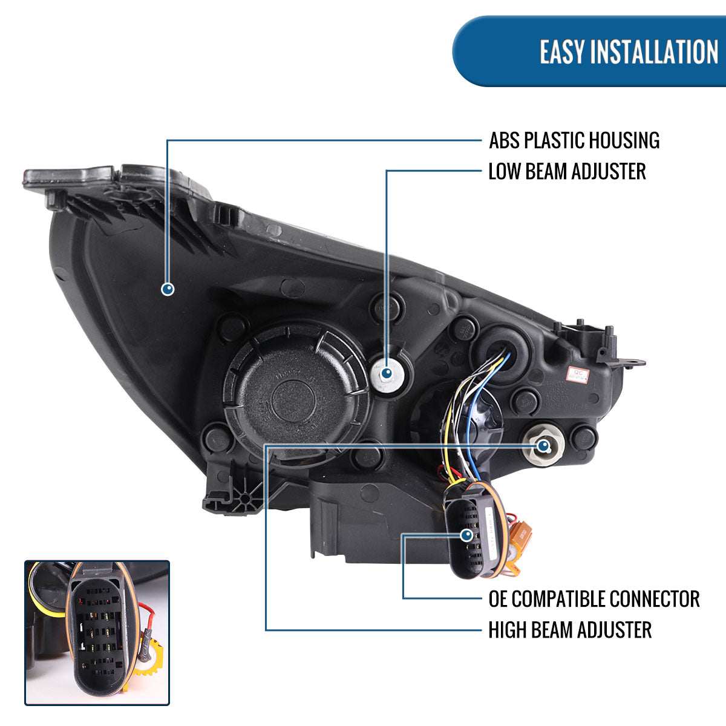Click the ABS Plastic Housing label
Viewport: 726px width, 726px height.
coord(574,140)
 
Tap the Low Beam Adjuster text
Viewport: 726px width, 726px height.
coord(567,171)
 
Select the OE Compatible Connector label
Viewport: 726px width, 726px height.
coord(594,599)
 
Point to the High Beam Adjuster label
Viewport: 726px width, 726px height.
coord(570,630)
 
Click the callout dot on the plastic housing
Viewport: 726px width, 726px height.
coord(168,289)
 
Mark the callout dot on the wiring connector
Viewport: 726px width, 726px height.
coord(466,535)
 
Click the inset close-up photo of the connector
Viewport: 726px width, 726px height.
coord(97,632)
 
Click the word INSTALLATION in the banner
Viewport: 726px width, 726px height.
coord(653,51)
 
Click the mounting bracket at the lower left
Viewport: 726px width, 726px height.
coord(236,493)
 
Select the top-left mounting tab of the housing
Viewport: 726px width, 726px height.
coord(67,179)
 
